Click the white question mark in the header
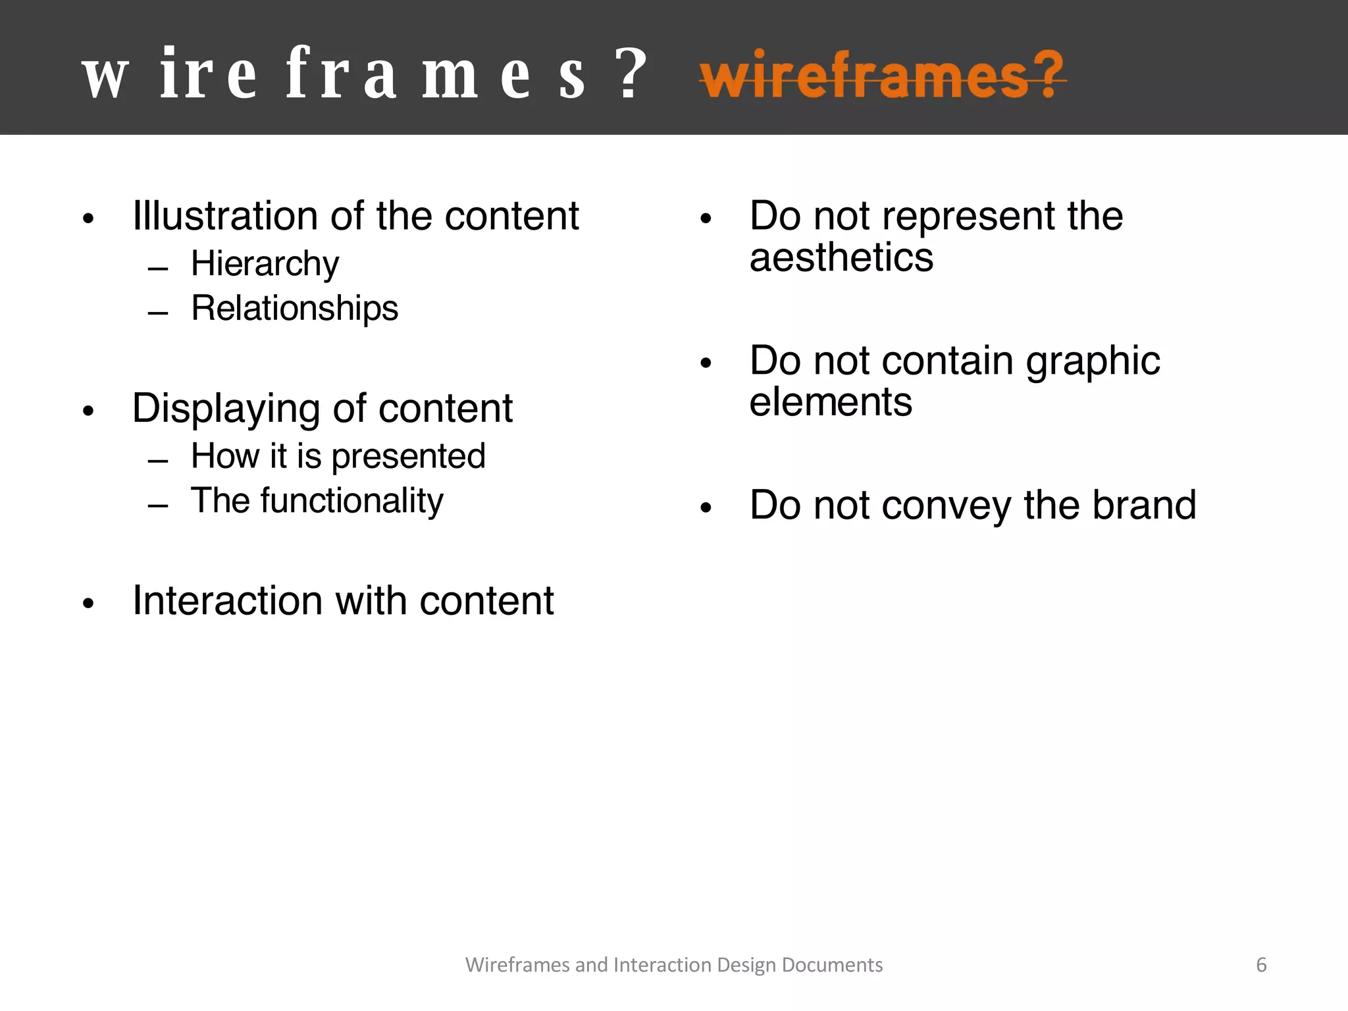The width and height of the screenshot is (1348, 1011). coord(633,74)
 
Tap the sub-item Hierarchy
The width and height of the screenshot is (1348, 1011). coord(265,265)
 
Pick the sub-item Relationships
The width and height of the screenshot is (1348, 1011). coord(294,308)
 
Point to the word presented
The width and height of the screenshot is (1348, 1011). coord(408,457)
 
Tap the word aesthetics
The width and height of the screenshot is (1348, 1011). coord(841,257)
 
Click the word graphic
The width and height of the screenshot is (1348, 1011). coord(1093,361)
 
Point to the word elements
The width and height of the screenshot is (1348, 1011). coord(831,402)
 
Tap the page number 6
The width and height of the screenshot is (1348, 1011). coord(1261,965)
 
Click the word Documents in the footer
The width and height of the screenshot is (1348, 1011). coord(832,965)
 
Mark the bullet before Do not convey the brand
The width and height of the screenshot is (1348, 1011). coord(706,507)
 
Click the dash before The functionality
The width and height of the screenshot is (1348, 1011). coord(158,505)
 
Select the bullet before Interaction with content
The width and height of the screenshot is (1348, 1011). coord(89,604)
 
